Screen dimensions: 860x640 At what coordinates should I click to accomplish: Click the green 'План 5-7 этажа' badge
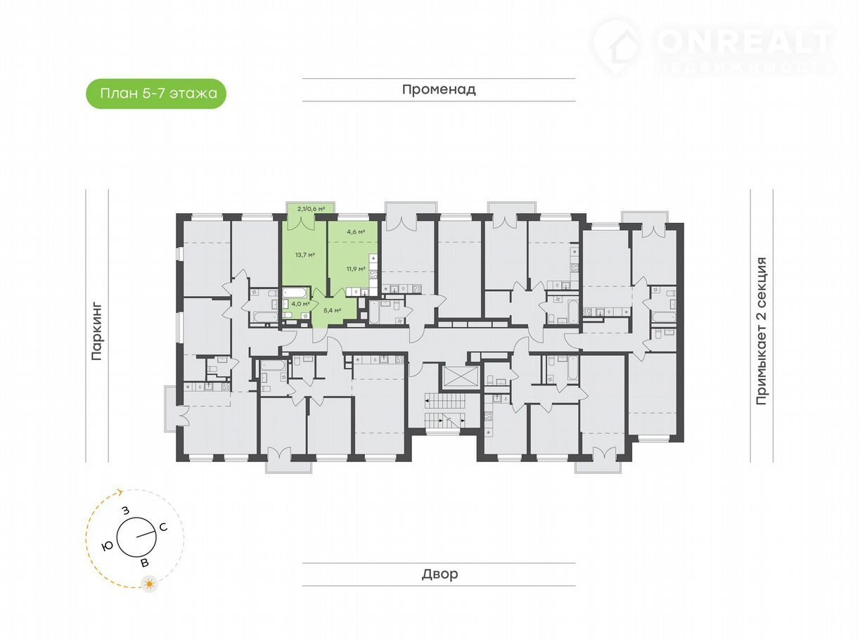[156, 94]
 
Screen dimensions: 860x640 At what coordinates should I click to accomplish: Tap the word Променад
[439, 89]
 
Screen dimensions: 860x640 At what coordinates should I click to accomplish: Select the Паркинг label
[96, 332]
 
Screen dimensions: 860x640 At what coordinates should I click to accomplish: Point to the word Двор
[439, 574]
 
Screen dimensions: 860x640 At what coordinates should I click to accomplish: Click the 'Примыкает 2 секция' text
[761, 331]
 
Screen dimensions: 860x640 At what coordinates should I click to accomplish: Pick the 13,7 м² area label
[304, 255]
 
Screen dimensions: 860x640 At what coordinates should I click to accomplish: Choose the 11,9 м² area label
[356, 269]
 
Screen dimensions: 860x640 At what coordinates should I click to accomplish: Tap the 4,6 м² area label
[356, 232]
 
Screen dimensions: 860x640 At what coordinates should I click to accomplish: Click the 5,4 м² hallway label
[332, 310]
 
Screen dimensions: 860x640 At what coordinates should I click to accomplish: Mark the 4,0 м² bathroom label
[301, 304]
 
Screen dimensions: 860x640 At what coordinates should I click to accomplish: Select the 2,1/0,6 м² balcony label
[311, 209]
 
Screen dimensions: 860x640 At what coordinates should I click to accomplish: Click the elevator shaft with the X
[460, 376]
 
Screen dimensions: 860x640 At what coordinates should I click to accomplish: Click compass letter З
[125, 511]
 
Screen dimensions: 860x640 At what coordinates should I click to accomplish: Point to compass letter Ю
[107, 546]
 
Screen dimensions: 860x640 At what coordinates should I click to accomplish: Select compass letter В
[145, 563]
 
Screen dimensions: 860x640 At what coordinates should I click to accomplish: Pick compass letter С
[163, 527]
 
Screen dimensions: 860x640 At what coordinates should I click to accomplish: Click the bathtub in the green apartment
[295, 293]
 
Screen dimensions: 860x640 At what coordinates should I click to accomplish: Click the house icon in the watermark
[624, 49]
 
